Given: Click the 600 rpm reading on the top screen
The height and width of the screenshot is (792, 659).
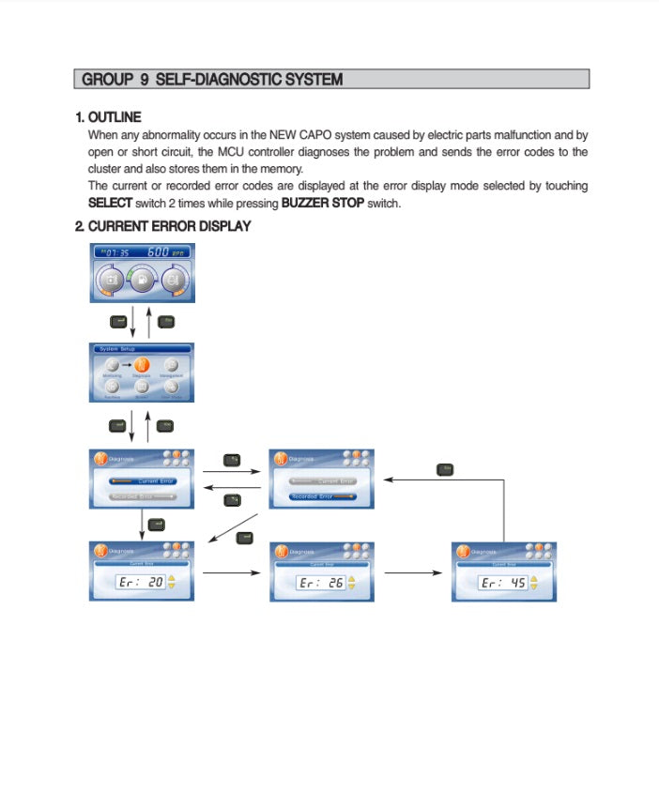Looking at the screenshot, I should [169, 252].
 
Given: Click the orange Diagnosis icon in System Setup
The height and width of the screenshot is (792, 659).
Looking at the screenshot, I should [142, 365].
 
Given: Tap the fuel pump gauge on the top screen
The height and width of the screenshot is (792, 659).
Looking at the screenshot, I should [142, 280].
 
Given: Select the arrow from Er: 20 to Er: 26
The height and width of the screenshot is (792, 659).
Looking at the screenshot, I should [231, 572].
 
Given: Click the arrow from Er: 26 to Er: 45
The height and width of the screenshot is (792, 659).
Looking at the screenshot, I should [412, 572].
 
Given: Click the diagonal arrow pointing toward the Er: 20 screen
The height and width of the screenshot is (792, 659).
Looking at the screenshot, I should [232, 527].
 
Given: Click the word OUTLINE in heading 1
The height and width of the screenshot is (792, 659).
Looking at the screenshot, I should [115, 117].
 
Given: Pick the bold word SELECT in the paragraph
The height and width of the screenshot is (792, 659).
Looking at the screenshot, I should [109, 203].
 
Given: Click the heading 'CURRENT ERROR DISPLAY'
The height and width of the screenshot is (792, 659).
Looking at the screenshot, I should [169, 226].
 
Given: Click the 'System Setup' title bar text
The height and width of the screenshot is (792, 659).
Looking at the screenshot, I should [116, 348].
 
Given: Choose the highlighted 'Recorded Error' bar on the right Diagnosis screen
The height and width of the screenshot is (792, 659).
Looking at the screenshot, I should [322, 496].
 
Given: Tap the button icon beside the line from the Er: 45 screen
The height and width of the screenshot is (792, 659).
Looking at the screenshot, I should [445, 469].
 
